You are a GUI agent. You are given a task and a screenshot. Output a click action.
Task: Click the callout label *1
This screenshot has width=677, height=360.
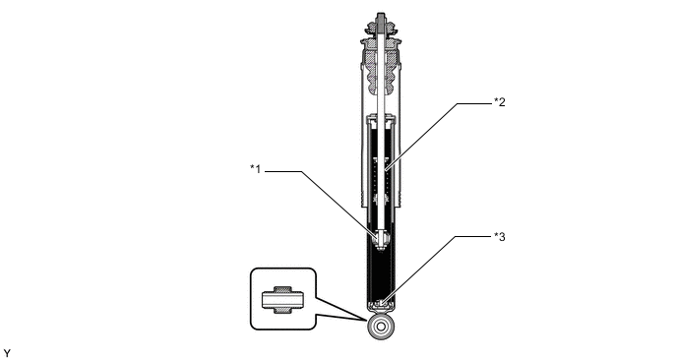pyautogui.click(x=255, y=169)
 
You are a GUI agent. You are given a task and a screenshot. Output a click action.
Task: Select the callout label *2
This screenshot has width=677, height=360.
pyautogui.click(x=500, y=102)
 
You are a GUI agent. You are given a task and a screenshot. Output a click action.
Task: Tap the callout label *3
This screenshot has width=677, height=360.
pyautogui.click(x=500, y=236)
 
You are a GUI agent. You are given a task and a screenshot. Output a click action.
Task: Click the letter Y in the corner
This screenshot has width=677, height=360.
pyautogui.click(x=7, y=353)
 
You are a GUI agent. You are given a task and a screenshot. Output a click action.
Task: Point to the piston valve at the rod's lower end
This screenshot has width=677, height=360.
pyautogui.click(x=381, y=240)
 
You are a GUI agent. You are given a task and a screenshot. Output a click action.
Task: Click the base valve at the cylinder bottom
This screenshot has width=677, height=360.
pyautogui.click(x=381, y=304)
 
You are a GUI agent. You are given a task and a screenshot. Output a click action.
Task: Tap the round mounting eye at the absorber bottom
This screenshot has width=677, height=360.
pyautogui.click(x=381, y=327)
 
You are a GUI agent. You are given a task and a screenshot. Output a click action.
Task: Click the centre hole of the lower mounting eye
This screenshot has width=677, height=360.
pyautogui.click(x=381, y=327)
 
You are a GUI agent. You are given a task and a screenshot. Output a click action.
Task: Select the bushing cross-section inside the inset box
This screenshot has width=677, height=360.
pyautogui.click(x=283, y=299)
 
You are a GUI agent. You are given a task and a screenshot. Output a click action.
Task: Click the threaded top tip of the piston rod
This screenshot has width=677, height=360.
pyautogui.click(x=381, y=18)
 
